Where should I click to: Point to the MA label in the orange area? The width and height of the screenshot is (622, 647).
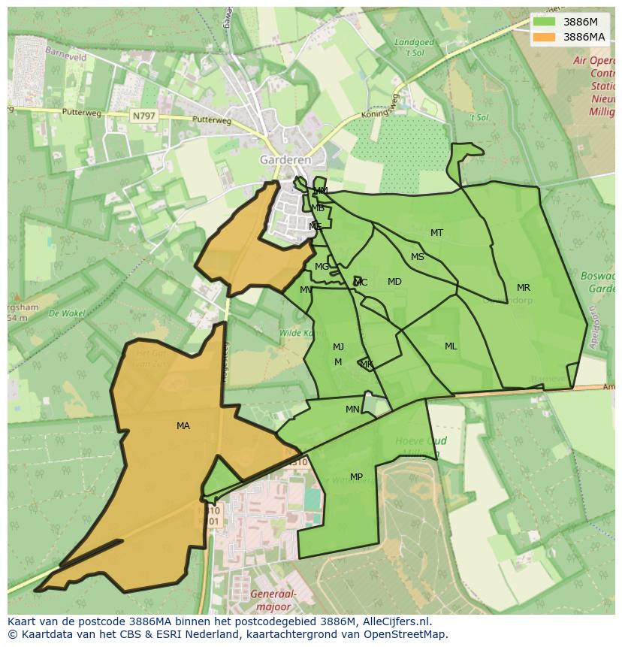pos(183,426)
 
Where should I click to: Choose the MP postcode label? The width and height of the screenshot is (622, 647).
pos(356,477)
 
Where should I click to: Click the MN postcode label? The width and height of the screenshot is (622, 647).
pos(352,410)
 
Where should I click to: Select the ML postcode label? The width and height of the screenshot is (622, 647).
pos(451,346)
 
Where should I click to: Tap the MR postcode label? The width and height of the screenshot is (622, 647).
pos(524,288)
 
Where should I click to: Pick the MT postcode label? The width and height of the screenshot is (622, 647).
pos(436,233)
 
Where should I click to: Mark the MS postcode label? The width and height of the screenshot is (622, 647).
pos(418,257)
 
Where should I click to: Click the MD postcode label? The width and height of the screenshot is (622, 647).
pos(394,282)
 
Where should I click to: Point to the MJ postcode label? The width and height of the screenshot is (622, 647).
pos(338,347)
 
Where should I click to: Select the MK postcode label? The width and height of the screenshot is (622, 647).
pos(367,364)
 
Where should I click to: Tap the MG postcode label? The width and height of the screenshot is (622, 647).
pos(322,267)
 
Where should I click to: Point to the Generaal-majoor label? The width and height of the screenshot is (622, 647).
pos(276,600)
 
